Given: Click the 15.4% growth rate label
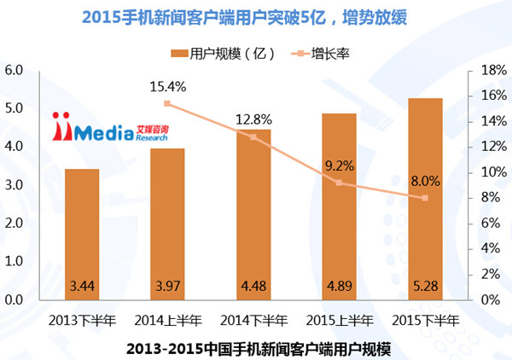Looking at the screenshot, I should (x=168, y=86).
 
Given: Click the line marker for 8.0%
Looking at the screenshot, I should (x=425, y=198).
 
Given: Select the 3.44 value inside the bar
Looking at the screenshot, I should (x=82, y=285).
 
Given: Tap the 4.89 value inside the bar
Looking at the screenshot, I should (x=340, y=285).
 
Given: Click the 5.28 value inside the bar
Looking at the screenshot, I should (x=425, y=285).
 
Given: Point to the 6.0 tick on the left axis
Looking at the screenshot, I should (x=14, y=70).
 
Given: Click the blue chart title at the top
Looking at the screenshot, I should (x=255, y=15).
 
